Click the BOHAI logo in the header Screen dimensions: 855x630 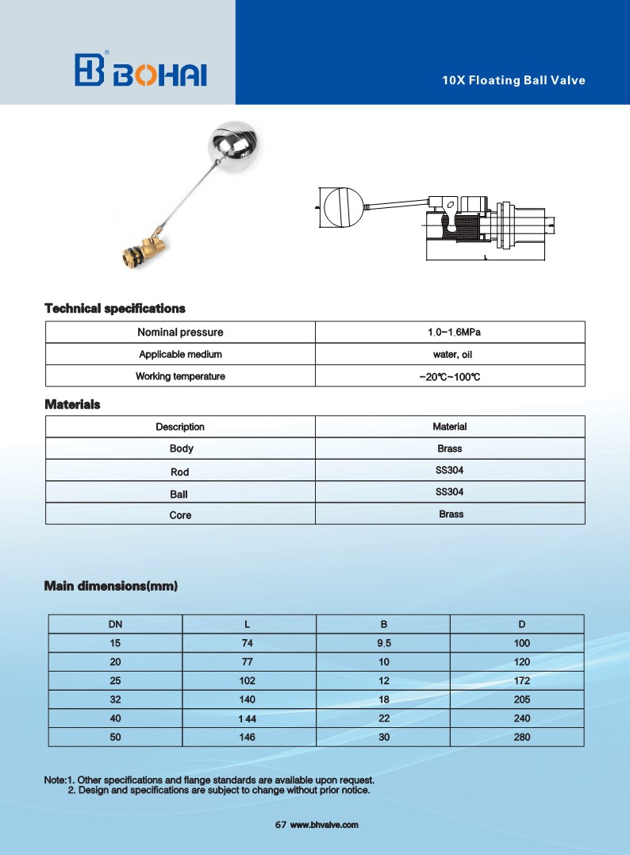(140, 71)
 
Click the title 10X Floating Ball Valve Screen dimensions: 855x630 (513, 80)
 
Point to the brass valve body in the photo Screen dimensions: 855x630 (147, 247)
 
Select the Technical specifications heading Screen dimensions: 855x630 (115, 308)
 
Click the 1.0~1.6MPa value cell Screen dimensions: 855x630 (450, 332)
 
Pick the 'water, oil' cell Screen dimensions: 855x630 (450, 354)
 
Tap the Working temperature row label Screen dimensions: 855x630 (180, 376)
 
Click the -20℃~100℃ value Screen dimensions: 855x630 (450, 376)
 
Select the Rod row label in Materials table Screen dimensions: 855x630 (180, 472)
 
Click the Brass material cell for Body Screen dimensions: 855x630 (450, 449)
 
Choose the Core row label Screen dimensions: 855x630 (180, 515)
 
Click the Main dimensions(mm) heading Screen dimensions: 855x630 (111, 587)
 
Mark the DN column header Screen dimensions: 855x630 (116, 624)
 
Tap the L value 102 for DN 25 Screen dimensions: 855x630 (249, 681)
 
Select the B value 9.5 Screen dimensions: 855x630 (383, 643)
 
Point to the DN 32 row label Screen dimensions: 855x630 (116, 699)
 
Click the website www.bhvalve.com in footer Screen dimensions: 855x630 (325, 826)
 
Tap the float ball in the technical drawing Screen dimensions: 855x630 (343, 206)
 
